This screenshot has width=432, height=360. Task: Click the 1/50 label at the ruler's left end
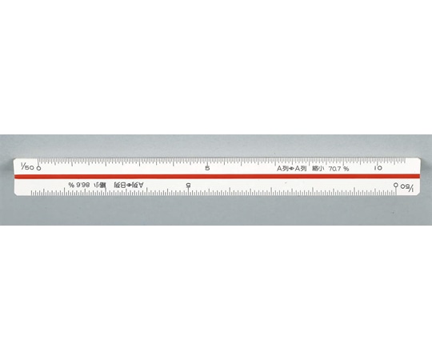coord(24,169)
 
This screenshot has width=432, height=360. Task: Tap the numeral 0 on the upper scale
coord(38,169)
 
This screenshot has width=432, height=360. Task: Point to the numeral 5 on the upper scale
coord(208,169)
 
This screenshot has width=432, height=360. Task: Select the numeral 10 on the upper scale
coord(378,169)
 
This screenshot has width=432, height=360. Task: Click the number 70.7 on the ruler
coord(334,169)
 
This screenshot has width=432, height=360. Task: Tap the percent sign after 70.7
coord(346,169)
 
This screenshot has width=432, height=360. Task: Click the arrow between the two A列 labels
coord(292,169)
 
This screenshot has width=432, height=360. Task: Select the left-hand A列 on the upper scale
coord(283,169)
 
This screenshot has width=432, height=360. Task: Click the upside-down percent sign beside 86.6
coord(71,185)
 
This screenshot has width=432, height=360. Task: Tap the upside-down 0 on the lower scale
coord(397,185)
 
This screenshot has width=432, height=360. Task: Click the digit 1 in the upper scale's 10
coord(374,169)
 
